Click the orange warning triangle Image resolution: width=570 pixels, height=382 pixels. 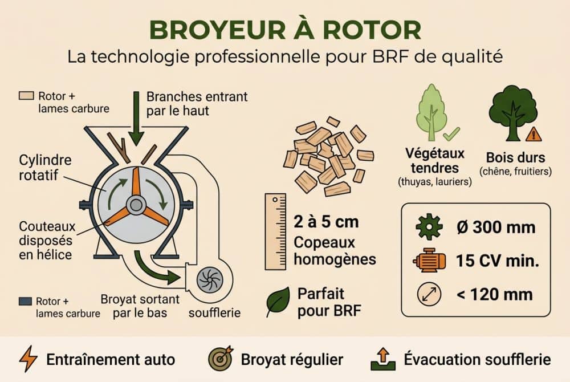534,135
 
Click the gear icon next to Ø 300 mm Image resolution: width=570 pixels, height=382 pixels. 429,227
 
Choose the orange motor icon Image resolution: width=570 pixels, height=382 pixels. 429,261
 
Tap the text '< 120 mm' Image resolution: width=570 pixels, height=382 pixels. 494,294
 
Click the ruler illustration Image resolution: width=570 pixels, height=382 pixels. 276,231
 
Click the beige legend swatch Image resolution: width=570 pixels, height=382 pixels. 26,96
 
